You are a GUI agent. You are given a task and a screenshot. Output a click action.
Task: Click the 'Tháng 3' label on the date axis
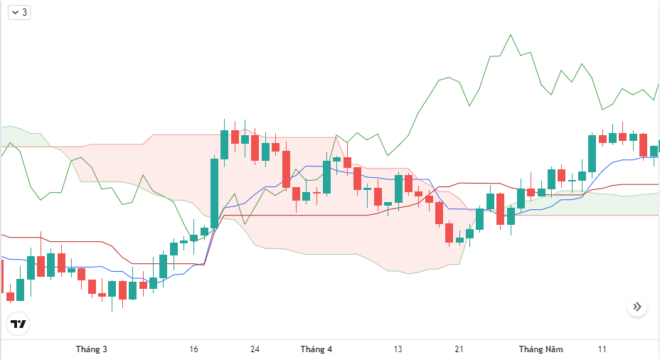point(92,349)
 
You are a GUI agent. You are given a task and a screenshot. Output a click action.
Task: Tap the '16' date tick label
point(194,349)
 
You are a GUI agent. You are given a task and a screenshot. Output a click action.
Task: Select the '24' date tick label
point(255,349)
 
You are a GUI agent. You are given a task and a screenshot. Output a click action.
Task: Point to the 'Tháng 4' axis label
point(316,349)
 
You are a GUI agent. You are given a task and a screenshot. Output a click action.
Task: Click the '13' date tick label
point(398,349)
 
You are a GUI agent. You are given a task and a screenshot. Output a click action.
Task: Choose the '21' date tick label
point(459,349)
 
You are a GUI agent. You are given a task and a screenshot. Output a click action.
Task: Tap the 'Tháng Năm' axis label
point(541,349)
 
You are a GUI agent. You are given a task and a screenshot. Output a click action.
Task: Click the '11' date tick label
point(602,349)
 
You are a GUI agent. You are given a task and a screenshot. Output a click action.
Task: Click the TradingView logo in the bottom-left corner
point(18,324)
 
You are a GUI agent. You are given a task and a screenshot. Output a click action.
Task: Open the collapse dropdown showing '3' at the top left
point(19,12)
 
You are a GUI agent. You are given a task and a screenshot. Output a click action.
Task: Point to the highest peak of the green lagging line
point(510,35)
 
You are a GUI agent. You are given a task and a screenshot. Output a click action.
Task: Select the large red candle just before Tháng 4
point(286,169)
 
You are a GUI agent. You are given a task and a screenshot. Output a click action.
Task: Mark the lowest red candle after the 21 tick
point(449,233)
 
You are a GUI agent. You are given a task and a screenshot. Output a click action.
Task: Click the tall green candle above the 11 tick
point(592,153)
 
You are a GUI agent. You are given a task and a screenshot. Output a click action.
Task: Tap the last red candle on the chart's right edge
point(644,145)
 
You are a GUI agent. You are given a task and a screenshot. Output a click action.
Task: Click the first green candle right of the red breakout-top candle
point(245,139)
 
